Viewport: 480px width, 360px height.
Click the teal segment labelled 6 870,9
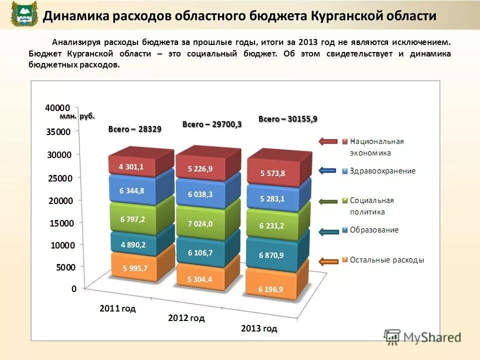(271, 255)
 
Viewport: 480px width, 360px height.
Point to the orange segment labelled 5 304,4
(199, 279)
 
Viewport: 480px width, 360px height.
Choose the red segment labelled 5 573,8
(272, 173)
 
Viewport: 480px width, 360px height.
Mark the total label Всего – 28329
(134, 129)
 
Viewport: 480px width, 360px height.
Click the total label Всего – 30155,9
(287, 119)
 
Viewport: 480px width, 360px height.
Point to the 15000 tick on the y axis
(60, 223)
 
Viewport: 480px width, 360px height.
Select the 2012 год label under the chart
(186, 318)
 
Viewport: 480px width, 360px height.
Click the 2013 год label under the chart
(258, 328)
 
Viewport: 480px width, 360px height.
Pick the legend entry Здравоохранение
(382, 171)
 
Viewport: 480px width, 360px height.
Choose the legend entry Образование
(374, 230)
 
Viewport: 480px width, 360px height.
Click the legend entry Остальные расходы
(386, 260)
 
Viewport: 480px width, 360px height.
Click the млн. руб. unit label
(76, 116)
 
